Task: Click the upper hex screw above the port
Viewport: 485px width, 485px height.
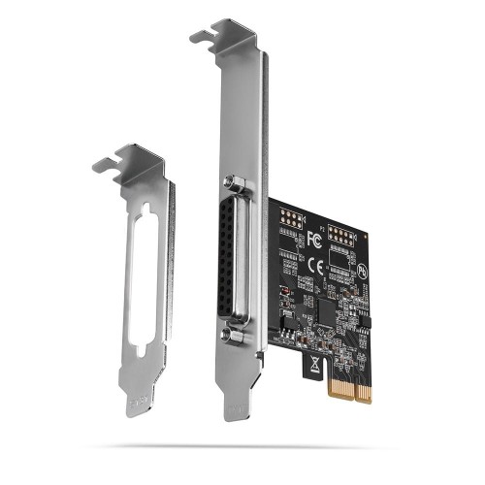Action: (233, 181)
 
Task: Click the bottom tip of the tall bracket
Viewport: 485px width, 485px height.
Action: (235, 413)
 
